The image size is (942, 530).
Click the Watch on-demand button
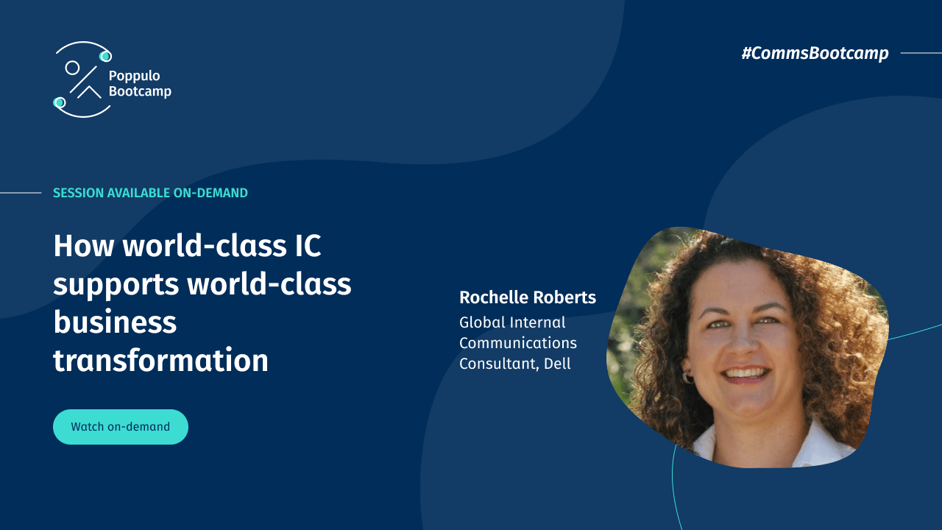(120, 427)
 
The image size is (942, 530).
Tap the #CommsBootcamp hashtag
(815, 53)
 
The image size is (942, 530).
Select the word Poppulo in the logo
(134, 76)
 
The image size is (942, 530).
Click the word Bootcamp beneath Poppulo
(140, 91)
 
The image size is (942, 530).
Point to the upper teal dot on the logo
(105, 56)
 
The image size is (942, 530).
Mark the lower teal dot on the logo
(60, 102)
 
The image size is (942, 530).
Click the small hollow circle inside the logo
(72, 68)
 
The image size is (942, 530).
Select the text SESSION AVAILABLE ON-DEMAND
(150, 193)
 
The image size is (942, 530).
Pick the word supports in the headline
(116, 284)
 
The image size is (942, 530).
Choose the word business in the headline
(115, 322)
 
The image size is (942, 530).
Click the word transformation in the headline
(160, 361)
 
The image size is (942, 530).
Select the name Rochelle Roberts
(527, 297)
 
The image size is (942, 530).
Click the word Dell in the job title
(557, 364)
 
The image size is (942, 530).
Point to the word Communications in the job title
(517, 343)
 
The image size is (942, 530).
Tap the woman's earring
(688, 378)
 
